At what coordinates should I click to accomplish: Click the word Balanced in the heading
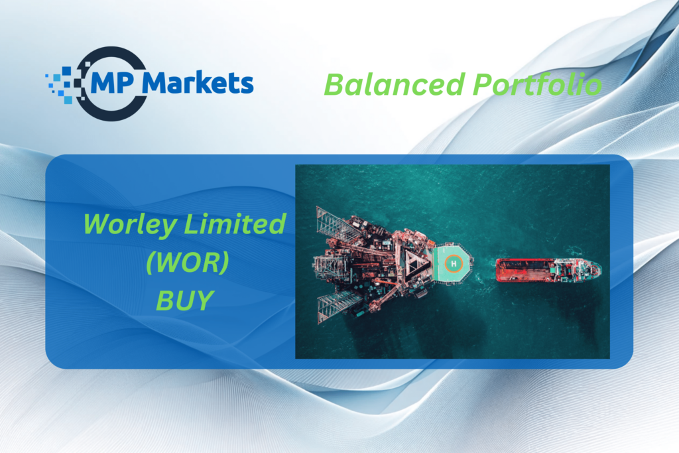pos(395,84)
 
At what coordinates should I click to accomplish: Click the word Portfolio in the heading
pos(537,84)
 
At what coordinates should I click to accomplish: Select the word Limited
pos(235,224)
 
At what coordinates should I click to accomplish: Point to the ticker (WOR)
pos(188,263)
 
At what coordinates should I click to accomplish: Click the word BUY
pos(185,300)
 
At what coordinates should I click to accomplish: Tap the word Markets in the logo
pos(198,82)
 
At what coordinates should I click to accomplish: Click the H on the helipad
pos(454,263)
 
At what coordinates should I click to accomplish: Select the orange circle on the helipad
pos(454,263)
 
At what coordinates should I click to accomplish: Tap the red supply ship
pos(548,270)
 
